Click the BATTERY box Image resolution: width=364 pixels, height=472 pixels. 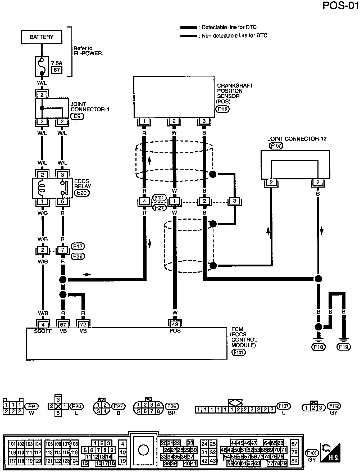[42, 37]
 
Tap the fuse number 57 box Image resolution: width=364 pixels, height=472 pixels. [57, 70]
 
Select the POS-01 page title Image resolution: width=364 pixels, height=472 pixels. [341, 6]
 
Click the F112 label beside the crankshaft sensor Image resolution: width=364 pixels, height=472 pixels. [222, 109]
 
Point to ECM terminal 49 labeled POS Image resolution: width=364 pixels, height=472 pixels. [175, 324]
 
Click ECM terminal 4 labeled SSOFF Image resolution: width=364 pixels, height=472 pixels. [43, 324]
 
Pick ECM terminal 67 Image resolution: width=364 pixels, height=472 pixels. [63, 324]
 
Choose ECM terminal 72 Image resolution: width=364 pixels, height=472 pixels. [83, 324]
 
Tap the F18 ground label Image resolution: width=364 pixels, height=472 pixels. [319, 347]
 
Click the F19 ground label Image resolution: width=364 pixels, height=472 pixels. [344, 347]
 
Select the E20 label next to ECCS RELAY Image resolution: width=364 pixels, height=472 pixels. [82, 193]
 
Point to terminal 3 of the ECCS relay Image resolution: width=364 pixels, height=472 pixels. [62, 175]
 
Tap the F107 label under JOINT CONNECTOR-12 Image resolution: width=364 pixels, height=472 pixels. [276, 145]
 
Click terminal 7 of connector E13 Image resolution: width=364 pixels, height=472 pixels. [63, 250]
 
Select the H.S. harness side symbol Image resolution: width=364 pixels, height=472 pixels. [330, 452]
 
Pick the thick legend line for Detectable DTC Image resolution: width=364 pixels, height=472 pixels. [188, 28]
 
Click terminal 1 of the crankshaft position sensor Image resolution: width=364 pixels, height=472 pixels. [144, 121]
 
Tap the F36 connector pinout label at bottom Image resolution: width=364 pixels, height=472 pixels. [172, 406]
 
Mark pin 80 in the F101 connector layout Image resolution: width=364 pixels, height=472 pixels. [294, 461]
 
